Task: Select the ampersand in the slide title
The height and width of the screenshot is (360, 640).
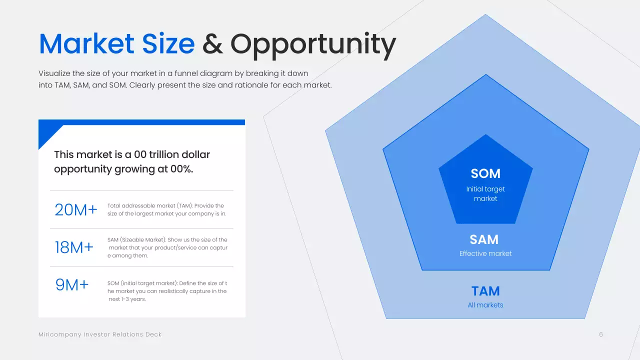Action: (x=212, y=44)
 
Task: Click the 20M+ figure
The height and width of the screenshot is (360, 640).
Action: (x=76, y=210)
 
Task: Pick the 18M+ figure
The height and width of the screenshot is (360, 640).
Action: (x=74, y=247)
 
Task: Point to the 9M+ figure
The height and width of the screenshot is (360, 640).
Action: (x=72, y=285)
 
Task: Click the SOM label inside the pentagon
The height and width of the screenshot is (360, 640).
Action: (x=485, y=173)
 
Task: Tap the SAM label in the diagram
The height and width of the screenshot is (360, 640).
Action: (x=484, y=239)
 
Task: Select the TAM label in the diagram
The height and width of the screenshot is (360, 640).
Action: (x=485, y=291)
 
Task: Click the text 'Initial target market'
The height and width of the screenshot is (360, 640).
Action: (x=485, y=194)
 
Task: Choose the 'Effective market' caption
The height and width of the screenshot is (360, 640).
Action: (x=485, y=253)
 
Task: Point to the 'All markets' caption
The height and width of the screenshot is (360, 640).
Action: (x=485, y=305)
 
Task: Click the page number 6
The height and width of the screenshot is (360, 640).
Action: (x=601, y=334)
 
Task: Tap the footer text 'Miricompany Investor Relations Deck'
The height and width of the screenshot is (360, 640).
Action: (x=100, y=334)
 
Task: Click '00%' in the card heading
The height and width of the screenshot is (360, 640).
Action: (x=181, y=169)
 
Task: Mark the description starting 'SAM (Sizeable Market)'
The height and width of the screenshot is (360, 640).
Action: (x=167, y=247)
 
